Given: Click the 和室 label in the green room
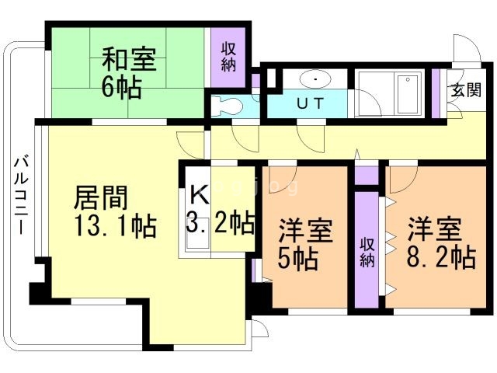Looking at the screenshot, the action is tap(129, 59).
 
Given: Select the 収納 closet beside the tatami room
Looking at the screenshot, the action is tap(228, 57).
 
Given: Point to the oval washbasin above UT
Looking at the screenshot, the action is tap(315, 78).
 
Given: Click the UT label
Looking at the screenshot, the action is tap(311, 103).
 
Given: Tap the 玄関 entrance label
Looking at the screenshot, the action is tap(466, 89).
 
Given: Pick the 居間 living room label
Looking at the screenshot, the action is tap(101, 197).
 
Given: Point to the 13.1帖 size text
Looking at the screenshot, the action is tap(116, 226).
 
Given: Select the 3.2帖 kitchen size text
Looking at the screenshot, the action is tap(221, 222).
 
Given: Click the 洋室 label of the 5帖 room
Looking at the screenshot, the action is tap(305, 231).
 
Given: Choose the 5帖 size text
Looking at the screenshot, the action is tap(297, 258).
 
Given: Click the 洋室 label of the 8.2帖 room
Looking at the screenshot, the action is tap(434, 229).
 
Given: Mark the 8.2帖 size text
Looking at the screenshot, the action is tap(441, 257).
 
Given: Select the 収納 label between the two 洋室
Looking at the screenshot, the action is tap(367, 253).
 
